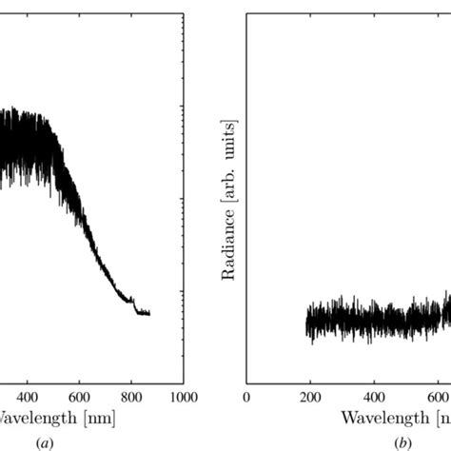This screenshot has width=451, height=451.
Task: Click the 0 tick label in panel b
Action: pos(246,397)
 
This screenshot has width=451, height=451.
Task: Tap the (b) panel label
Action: pos(404,441)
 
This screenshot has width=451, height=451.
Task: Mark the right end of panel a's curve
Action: pos(149,313)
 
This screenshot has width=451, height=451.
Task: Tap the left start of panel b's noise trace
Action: pos(306,324)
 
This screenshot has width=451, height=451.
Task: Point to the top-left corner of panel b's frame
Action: pos(246,12)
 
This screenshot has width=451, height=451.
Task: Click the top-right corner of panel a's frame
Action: pos(183,12)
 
